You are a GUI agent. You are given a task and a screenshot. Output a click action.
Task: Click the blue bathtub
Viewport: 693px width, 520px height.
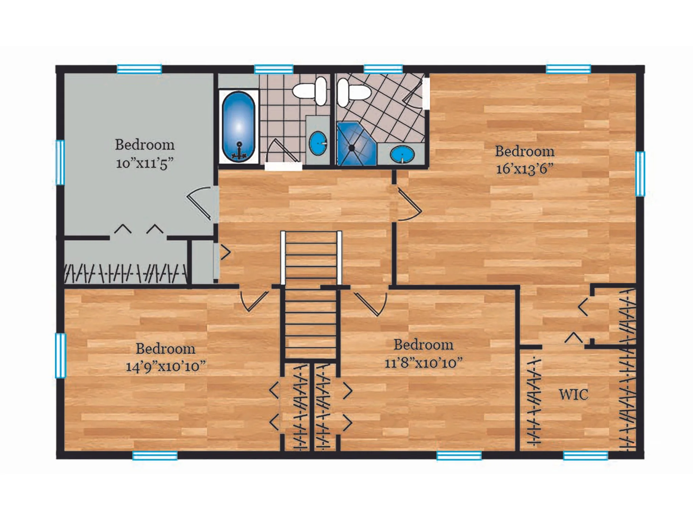point(238,127)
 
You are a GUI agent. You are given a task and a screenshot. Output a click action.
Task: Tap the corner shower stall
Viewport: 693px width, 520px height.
point(356,144)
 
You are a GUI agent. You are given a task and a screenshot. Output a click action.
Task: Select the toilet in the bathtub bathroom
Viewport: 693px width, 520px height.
point(310,91)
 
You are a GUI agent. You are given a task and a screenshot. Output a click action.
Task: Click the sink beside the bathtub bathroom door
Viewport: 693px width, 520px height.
point(318,144)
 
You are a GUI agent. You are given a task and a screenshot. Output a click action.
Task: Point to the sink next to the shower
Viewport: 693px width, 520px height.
point(402,155)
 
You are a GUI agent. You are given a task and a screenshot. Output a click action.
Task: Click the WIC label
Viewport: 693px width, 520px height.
point(574,395)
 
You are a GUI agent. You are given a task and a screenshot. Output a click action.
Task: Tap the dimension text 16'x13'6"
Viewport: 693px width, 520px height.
point(524,169)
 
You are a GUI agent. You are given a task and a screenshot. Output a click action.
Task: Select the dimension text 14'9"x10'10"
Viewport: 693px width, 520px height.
point(165,366)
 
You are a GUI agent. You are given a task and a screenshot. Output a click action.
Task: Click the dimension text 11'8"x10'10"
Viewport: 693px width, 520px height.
point(423,363)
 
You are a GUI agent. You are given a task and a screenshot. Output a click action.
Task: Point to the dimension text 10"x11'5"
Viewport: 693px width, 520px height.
point(144,164)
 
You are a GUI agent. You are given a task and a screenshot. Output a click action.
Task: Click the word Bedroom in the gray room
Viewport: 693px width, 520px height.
point(144,145)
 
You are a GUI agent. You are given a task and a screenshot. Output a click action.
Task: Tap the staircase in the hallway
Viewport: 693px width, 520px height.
point(311,295)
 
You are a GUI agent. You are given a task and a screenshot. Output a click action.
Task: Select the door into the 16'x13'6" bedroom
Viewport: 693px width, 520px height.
point(408,204)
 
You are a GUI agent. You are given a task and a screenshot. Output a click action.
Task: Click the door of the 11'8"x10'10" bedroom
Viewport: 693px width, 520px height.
point(371,302)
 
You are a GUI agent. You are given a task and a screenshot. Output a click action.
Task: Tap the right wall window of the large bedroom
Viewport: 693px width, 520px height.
point(640,174)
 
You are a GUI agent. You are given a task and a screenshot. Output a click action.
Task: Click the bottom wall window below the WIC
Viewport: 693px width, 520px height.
point(585,455)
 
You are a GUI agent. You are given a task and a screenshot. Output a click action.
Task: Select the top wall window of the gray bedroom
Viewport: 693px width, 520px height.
point(139,69)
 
